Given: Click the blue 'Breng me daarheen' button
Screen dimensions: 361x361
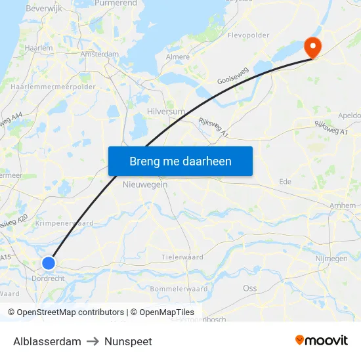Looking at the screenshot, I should click(180, 161).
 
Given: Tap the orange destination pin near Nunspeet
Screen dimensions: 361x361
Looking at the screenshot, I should click(312, 46).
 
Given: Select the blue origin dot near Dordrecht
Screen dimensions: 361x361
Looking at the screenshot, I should click(49, 263).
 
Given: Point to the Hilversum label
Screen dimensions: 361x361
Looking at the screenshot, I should click(166, 112).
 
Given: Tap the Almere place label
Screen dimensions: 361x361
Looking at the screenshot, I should click(177, 58).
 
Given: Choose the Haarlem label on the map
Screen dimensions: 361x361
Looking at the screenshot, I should click(38, 48).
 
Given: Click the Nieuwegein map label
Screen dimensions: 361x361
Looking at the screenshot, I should click(145, 184).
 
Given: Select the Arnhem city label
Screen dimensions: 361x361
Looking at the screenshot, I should click(343, 205).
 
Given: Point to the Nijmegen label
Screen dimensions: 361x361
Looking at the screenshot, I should click(331, 259).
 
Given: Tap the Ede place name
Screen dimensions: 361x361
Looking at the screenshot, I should click(285, 181).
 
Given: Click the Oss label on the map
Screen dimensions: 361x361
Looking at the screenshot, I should click(249, 288).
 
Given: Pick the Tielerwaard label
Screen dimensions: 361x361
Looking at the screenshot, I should click(182, 257).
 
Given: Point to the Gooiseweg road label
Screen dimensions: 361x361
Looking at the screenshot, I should click(233, 77).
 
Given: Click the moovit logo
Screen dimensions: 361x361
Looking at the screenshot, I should click(322, 341).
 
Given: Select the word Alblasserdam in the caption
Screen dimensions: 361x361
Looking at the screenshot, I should click(47, 341).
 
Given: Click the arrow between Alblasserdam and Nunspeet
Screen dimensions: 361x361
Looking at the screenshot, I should click(93, 341).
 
